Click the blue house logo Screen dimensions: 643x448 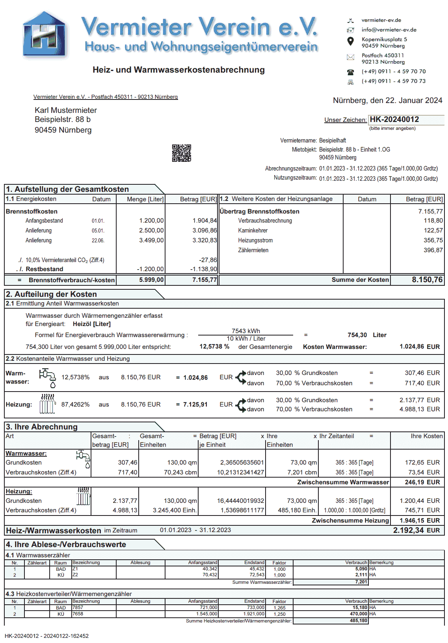pyautogui.click(x=44, y=35)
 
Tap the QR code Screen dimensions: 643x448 pyautogui.click(x=181, y=153)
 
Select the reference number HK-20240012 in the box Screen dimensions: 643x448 pyautogui.click(x=394, y=120)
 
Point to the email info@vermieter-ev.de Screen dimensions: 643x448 pyautogui.click(x=389, y=30)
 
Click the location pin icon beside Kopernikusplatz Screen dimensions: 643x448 pyautogui.click(x=350, y=41)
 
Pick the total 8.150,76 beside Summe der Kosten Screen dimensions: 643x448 pyautogui.click(x=427, y=280)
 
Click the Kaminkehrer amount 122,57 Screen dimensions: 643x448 pyautogui.click(x=433, y=231)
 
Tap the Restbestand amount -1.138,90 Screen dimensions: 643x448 pyautogui.click(x=203, y=269)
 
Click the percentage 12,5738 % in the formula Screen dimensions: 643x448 pyautogui.click(x=214, y=347)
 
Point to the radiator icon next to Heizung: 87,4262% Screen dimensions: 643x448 pyautogui.click(x=47, y=404)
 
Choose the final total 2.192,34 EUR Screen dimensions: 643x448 pyautogui.click(x=416, y=531)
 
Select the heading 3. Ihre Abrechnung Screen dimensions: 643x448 pyautogui.click(x=42, y=427)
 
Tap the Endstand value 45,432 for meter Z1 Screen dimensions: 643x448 pyautogui.click(x=257, y=569)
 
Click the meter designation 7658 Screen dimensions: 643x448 pyautogui.click(x=78, y=614)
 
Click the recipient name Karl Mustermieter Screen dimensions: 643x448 pyautogui.click(x=66, y=111)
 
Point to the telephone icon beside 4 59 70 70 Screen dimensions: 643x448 pyautogui.click(x=350, y=72)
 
